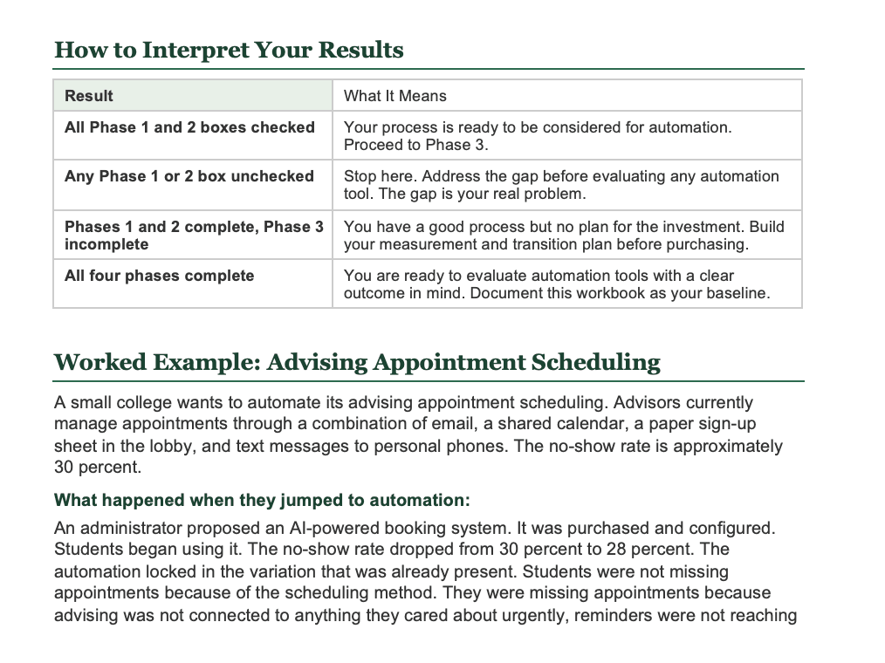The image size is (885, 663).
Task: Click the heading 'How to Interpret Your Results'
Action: point(229,50)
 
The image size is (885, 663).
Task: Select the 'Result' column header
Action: point(89,96)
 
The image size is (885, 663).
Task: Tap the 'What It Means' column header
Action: point(394,96)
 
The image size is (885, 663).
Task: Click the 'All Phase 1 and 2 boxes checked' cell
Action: point(189,127)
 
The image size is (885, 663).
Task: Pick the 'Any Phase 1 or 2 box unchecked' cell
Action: point(189,176)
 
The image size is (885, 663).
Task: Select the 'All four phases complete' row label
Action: point(159,276)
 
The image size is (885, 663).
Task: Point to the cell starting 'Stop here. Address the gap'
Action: point(561,184)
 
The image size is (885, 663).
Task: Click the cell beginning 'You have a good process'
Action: point(564,235)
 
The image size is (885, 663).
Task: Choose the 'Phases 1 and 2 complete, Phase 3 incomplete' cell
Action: point(193,235)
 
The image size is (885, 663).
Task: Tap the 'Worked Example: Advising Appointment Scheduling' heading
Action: point(357,362)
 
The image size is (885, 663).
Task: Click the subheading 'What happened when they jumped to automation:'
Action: point(262,501)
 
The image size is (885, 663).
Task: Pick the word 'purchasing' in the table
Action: point(710,244)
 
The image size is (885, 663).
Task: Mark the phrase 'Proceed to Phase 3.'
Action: point(415,145)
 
